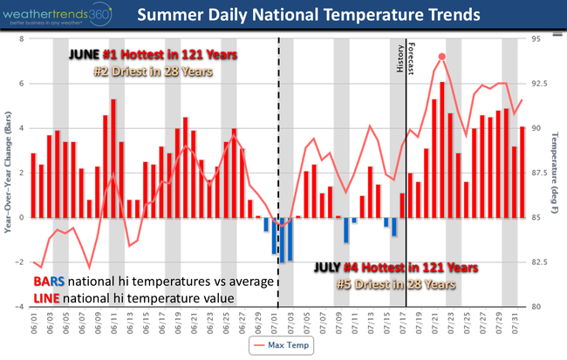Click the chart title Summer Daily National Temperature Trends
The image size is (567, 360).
click(x=320, y=15)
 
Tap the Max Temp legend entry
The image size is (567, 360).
click(x=283, y=345)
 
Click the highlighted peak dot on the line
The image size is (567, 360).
click(x=441, y=57)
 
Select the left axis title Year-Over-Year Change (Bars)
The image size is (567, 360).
click(x=7, y=173)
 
